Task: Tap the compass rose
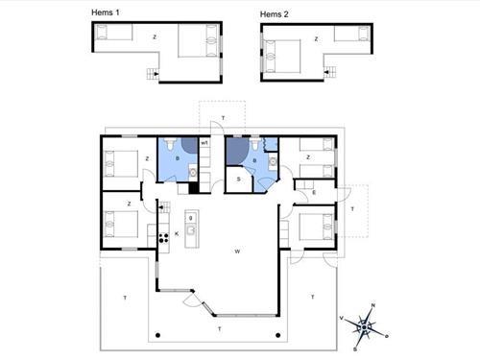click(x=364, y=325)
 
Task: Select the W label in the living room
click(x=236, y=252)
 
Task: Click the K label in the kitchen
click(x=177, y=233)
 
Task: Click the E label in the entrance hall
click(x=314, y=192)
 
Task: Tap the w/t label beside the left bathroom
click(x=204, y=144)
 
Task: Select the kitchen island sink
click(x=191, y=219)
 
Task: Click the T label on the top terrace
click(x=223, y=117)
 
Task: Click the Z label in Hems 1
click(x=154, y=37)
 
